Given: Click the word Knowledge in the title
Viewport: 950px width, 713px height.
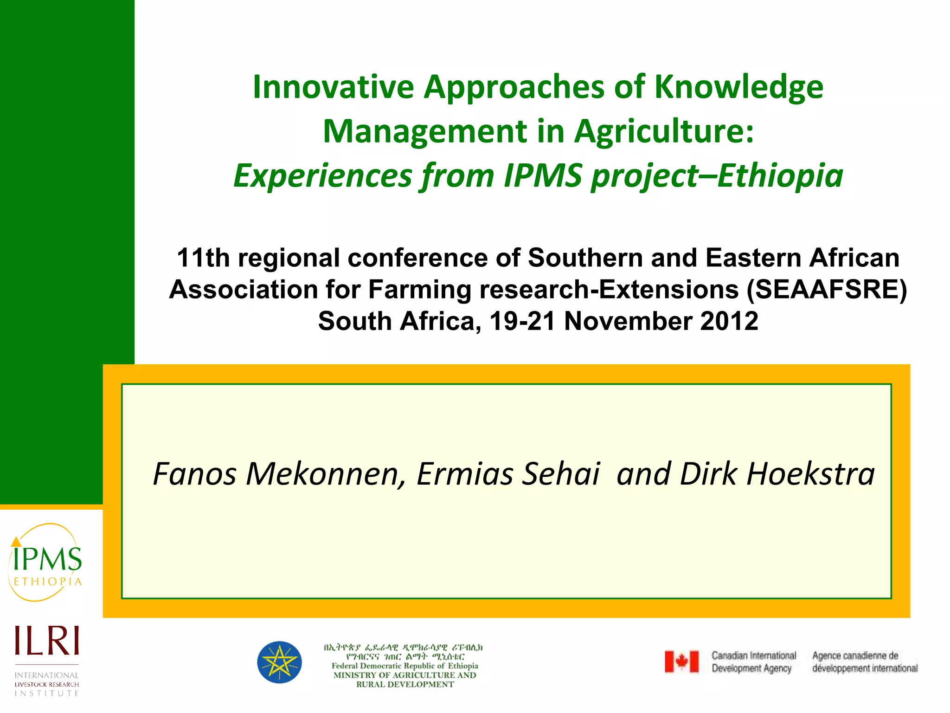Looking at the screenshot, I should click(x=738, y=87).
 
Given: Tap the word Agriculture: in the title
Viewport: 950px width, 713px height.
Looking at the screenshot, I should click(x=664, y=131).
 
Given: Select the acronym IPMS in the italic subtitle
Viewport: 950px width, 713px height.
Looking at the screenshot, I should click(x=543, y=176).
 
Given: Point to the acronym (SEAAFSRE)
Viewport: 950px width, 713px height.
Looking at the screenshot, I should click(x=827, y=290).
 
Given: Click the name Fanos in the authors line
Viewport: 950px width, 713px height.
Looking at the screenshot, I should click(x=195, y=474).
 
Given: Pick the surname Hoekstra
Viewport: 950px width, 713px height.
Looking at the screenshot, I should click(x=810, y=474).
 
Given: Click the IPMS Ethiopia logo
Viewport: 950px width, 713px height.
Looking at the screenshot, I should click(x=45, y=563).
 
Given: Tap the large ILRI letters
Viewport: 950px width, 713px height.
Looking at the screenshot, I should click(x=47, y=641).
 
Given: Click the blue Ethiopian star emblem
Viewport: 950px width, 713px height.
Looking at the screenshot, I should click(x=280, y=662).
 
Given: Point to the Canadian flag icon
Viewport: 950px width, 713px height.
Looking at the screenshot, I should click(x=681, y=661).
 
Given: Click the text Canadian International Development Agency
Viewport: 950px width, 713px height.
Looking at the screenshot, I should click(x=753, y=662).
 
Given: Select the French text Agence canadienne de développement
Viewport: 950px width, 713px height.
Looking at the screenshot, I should click(x=865, y=662).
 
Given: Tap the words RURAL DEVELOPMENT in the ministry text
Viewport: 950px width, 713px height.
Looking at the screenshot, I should click(x=405, y=684).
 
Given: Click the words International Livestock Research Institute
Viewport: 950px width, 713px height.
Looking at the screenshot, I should click(x=47, y=684).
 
